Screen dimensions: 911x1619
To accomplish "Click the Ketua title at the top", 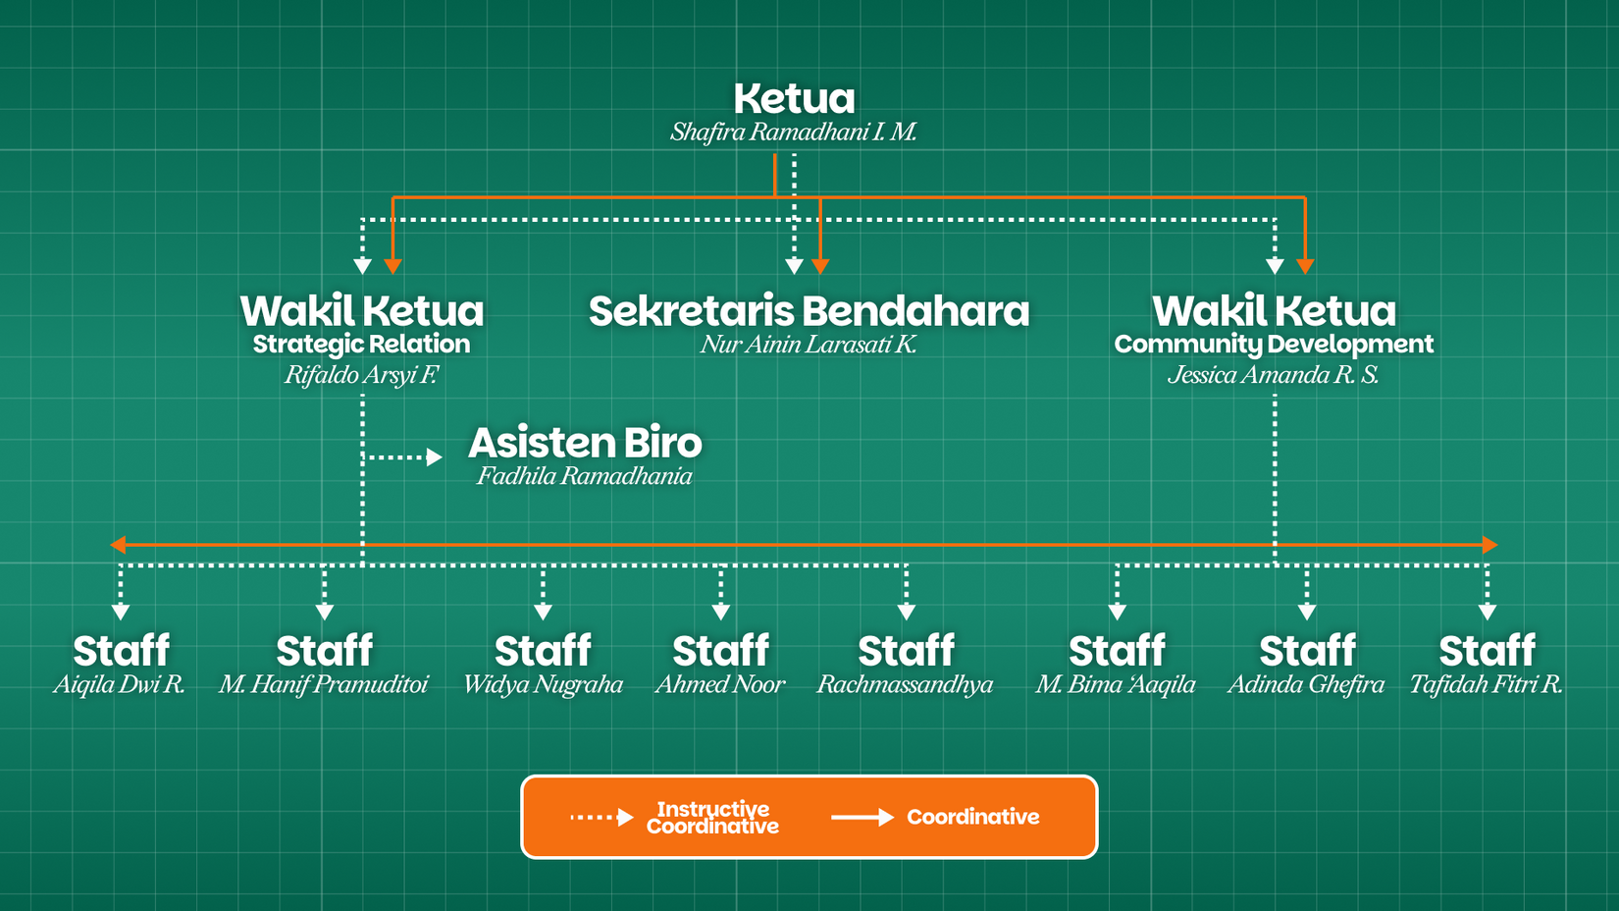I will pos(794,99).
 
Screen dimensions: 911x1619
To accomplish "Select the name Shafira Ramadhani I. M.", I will pos(794,132).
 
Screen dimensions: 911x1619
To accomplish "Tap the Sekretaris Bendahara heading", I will pos(809,311).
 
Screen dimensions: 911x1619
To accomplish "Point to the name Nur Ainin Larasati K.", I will pos(809,345).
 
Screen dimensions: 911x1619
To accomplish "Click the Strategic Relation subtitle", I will pos(361,345).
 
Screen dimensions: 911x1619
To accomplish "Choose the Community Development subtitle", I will pos(1274,345).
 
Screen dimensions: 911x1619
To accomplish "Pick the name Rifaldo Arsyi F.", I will pos(361,375).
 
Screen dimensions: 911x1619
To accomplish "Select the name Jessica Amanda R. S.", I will pos(1274,375).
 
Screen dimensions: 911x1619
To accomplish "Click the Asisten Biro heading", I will pos(585,443).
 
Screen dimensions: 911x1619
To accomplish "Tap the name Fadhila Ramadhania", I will pos(585,476).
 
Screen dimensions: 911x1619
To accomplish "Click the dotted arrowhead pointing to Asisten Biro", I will pos(435,456).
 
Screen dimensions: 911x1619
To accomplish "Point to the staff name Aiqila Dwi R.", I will pos(120,684).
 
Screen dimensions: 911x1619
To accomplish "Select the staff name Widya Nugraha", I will pos(543,684).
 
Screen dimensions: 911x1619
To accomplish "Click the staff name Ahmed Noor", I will pos(720,684).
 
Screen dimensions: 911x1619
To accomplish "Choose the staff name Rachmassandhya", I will pos(906,684).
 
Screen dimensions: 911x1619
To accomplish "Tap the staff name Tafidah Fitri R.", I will pos(1487,684).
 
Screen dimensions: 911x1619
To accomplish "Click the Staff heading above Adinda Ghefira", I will pos(1307,651).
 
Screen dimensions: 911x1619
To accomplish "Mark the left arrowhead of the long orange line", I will pos(118,544).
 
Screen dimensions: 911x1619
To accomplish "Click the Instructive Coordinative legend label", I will pos(712,818).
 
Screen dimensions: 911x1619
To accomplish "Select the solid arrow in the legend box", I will pos(862,817).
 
